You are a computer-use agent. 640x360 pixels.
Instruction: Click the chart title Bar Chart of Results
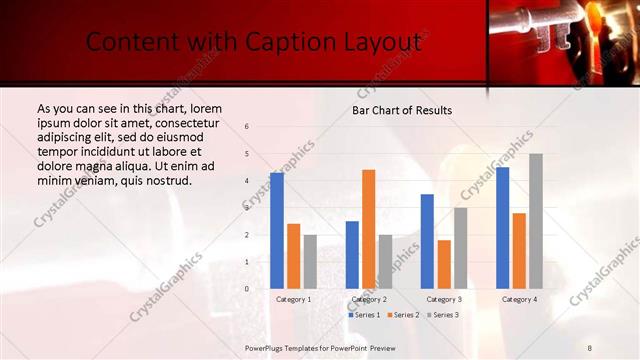pyautogui.click(x=401, y=110)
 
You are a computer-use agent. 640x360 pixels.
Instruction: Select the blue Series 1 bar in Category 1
pyautogui.click(x=277, y=230)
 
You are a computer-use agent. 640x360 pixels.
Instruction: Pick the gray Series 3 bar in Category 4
pyautogui.click(x=535, y=220)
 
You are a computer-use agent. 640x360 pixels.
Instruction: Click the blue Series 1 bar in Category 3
pyautogui.click(x=427, y=241)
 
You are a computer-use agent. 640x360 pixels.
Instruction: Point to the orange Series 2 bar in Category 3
pyautogui.click(x=443, y=264)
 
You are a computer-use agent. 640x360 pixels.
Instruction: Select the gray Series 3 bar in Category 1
pyautogui.click(x=309, y=261)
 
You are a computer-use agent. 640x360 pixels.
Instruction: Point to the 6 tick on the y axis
pyautogui.click(x=247, y=127)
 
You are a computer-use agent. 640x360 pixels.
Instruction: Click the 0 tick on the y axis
pyautogui.click(x=247, y=288)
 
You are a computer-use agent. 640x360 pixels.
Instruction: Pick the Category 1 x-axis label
pyautogui.click(x=293, y=299)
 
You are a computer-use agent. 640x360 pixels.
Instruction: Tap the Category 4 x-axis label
pyautogui.click(x=518, y=299)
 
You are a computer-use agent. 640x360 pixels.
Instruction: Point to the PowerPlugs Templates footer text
pyautogui.click(x=320, y=348)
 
